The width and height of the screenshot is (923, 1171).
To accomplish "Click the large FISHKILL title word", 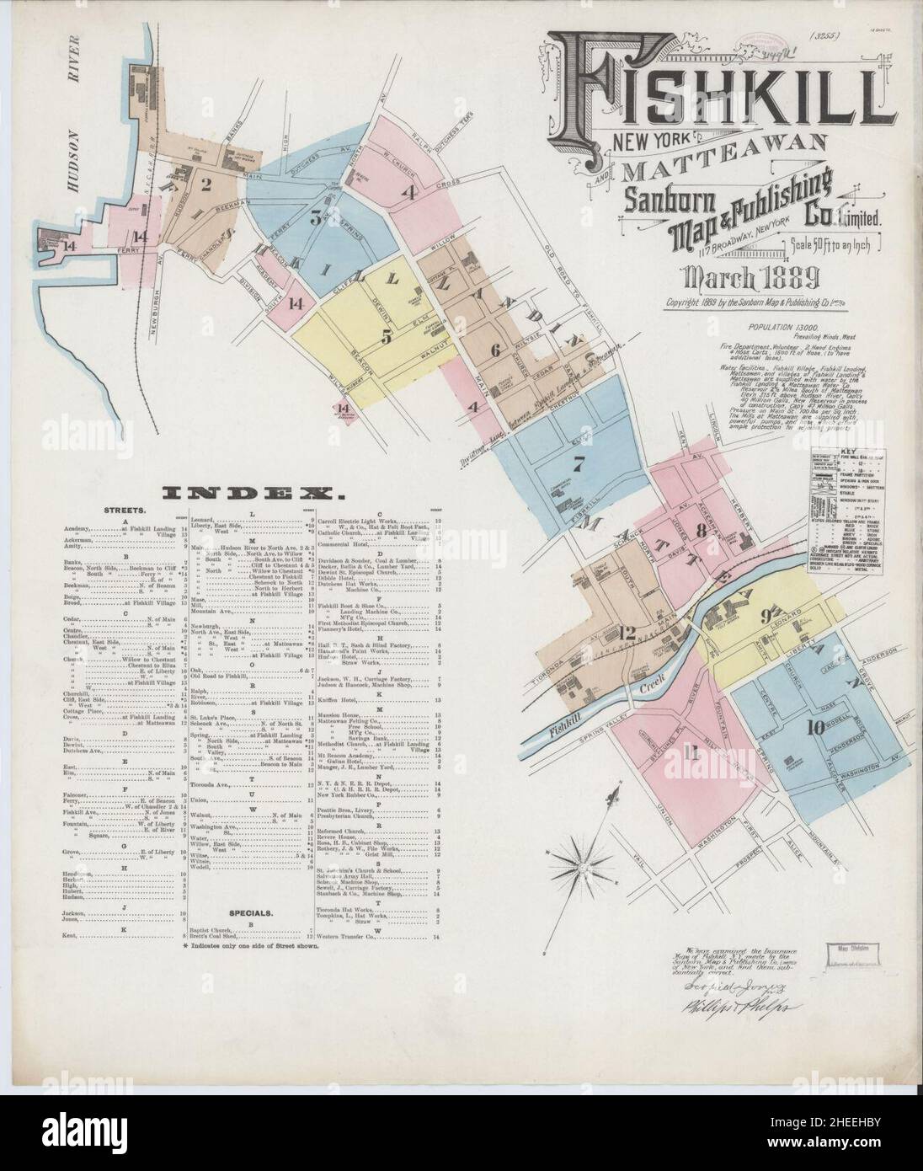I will click(x=716, y=84).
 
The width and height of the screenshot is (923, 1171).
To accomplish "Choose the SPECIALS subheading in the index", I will click(x=251, y=912).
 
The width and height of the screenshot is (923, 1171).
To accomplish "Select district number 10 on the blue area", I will click(x=814, y=729).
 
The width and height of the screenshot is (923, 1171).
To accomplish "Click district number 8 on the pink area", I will click(x=701, y=531).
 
